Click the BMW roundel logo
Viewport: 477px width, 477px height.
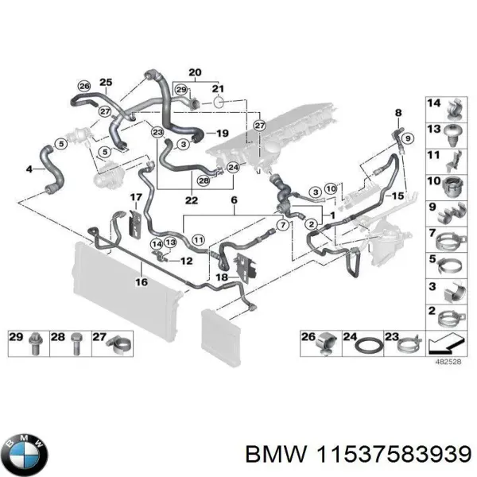(25, 456)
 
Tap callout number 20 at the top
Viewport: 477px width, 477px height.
(195, 72)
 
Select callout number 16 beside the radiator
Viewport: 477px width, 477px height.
(140, 281)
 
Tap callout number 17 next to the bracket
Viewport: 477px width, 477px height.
(136, 196)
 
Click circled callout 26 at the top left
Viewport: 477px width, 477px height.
(83, 86)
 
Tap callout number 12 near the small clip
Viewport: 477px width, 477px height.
(188, 260)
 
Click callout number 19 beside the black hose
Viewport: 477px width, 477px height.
(222, 133)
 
